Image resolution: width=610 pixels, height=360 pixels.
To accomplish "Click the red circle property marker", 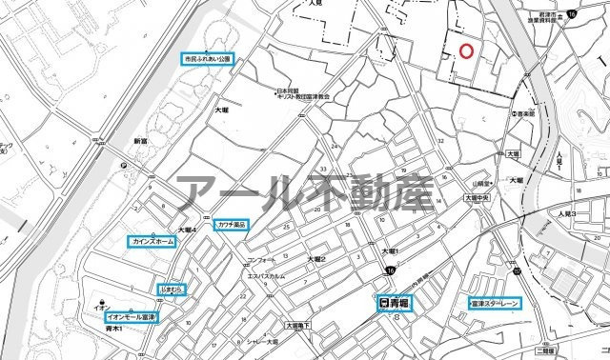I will pos(465,50).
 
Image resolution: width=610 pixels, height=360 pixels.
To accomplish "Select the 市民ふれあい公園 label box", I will pos(208,59).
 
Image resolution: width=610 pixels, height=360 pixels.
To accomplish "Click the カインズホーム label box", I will pos(152,243).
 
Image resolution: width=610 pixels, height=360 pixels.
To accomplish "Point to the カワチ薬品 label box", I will pos(232,225).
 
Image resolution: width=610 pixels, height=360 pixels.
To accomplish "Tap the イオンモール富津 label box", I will pos(132,316).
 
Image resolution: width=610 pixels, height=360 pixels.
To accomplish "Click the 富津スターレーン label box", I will pos(495,304).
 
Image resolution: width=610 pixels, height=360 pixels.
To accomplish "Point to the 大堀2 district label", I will pos(316,259).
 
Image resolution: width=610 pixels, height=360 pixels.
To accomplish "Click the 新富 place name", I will pos(141,141).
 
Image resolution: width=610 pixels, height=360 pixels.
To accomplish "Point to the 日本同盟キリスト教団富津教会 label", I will pos(303,95).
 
